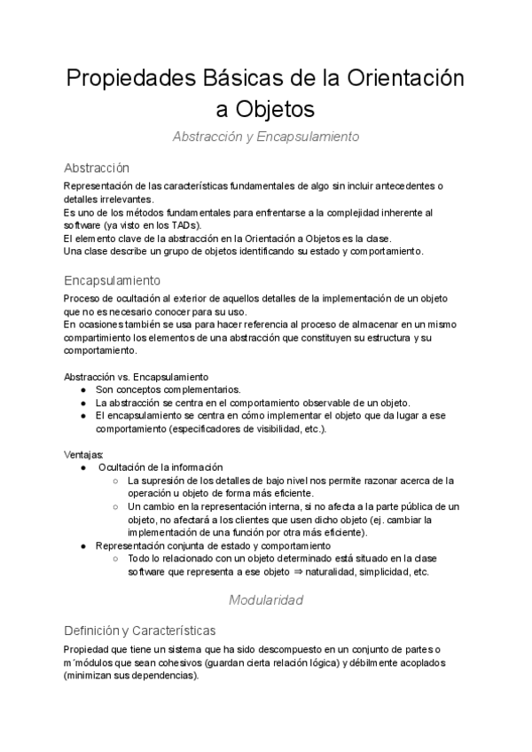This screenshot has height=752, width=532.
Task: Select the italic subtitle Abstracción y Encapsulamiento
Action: (x=265, y=137)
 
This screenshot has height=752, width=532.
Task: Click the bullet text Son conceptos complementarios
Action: (x=167, y=389)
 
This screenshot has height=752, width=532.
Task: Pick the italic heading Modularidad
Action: (x=265, y=600)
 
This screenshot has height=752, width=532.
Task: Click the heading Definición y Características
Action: (x=139, y=631)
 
